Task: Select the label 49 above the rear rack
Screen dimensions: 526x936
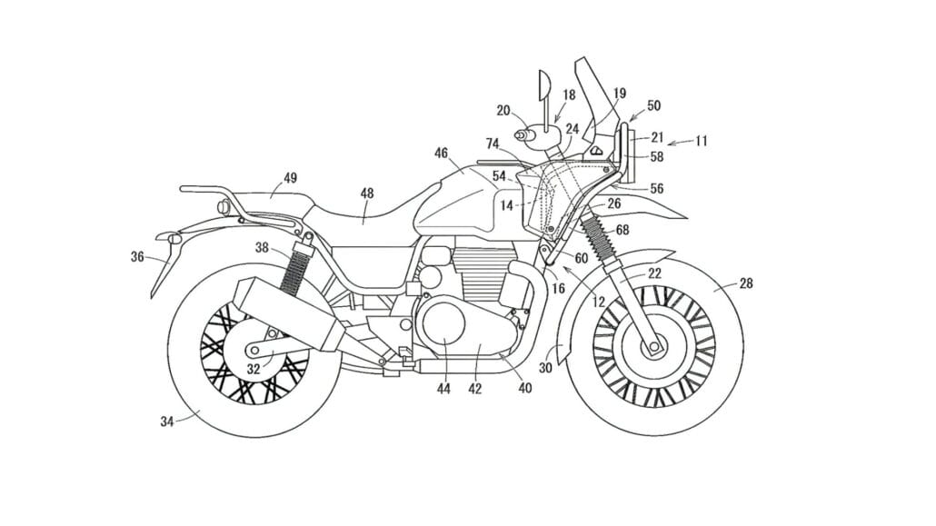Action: (289, 178)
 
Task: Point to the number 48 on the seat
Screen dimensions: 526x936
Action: (366, 193)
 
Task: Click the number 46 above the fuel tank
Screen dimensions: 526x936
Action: (442, 154)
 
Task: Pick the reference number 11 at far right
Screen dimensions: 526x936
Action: (701, 142)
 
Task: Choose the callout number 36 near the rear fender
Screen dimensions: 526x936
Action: (137, 257)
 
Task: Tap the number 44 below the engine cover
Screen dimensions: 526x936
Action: (443, 389)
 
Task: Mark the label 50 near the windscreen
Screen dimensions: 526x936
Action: (653, 105)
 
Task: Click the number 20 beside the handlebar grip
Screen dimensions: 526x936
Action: (503, 111)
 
